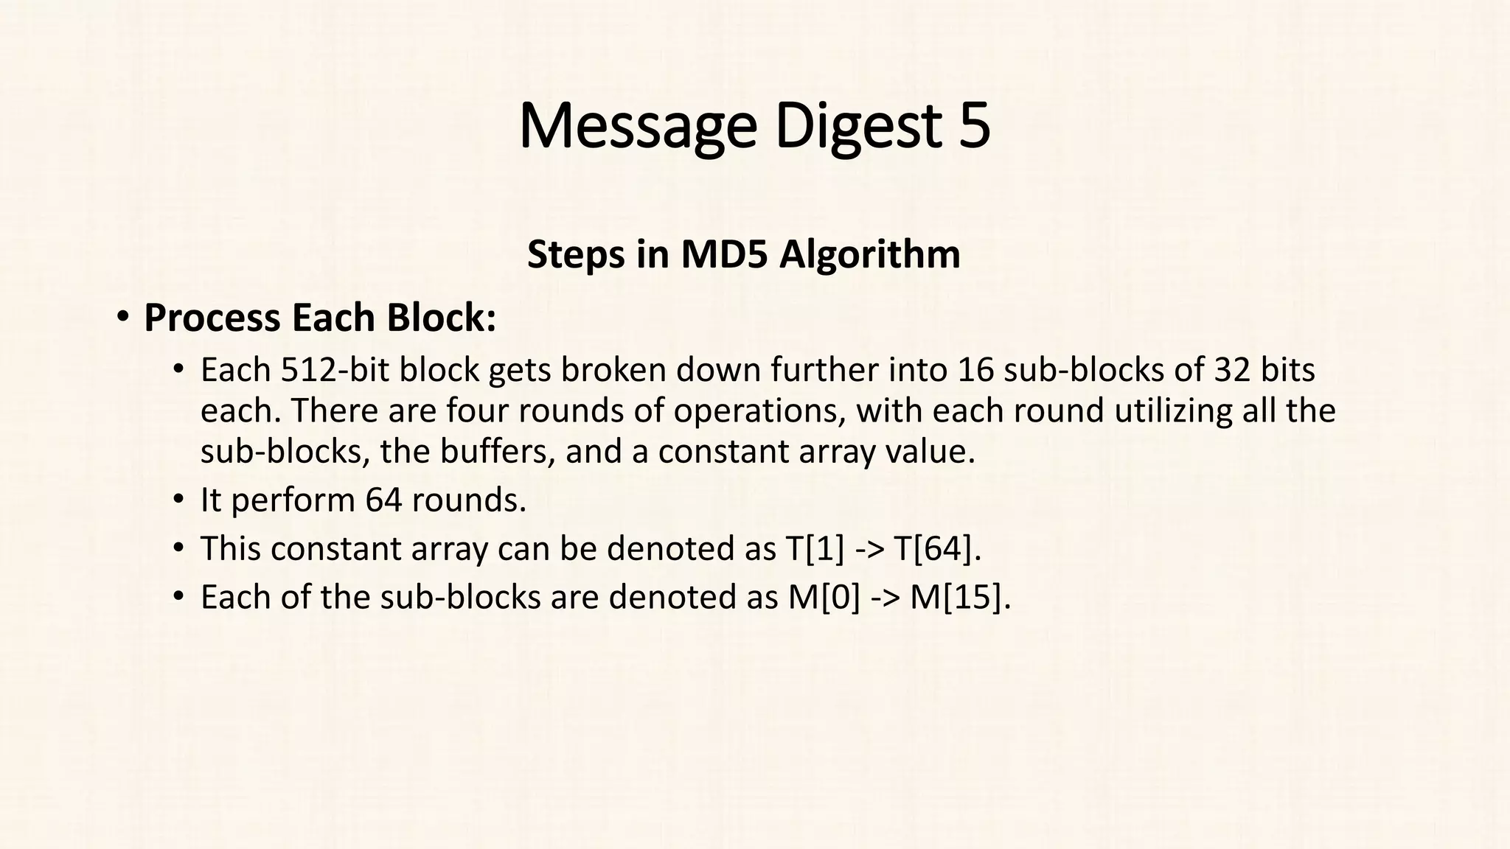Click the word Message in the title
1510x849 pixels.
[637, 127]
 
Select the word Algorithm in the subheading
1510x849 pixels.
[870, 254]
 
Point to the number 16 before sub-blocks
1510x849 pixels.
[976, 369]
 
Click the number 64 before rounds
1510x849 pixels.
[383, 500]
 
